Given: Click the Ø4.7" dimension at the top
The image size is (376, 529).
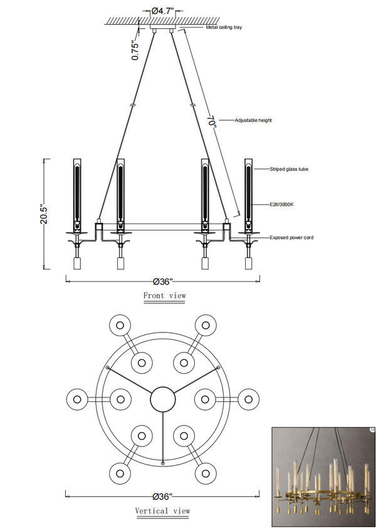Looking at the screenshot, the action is click(162, 11).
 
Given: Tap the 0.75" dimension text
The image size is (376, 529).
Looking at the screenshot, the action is click(135, 51).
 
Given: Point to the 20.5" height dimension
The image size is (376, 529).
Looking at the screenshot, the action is click(44, 213).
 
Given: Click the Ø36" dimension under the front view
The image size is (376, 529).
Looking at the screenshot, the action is click(163, 281).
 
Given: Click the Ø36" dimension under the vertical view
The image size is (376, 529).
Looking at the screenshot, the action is click(162, 496).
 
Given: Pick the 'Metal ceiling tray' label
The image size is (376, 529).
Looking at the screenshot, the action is click(224, 28).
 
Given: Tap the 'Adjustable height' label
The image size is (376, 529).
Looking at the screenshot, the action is click(253, 120).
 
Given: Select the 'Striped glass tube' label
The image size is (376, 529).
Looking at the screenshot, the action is click(289, 169).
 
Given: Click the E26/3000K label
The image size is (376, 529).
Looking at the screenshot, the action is click(281, 205).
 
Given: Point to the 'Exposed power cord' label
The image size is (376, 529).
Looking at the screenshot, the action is click(291, 237).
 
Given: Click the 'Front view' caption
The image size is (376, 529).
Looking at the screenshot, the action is click(165, 295).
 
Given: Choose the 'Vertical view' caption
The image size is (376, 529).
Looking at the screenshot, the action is click(163, 511).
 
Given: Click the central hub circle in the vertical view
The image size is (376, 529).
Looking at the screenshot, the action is click(163, 399).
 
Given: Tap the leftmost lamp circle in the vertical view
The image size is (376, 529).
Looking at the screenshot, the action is click(77, 399).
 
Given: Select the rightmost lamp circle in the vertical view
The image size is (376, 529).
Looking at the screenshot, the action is click(249, 399).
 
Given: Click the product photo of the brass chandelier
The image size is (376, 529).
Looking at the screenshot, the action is click(323, 477).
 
